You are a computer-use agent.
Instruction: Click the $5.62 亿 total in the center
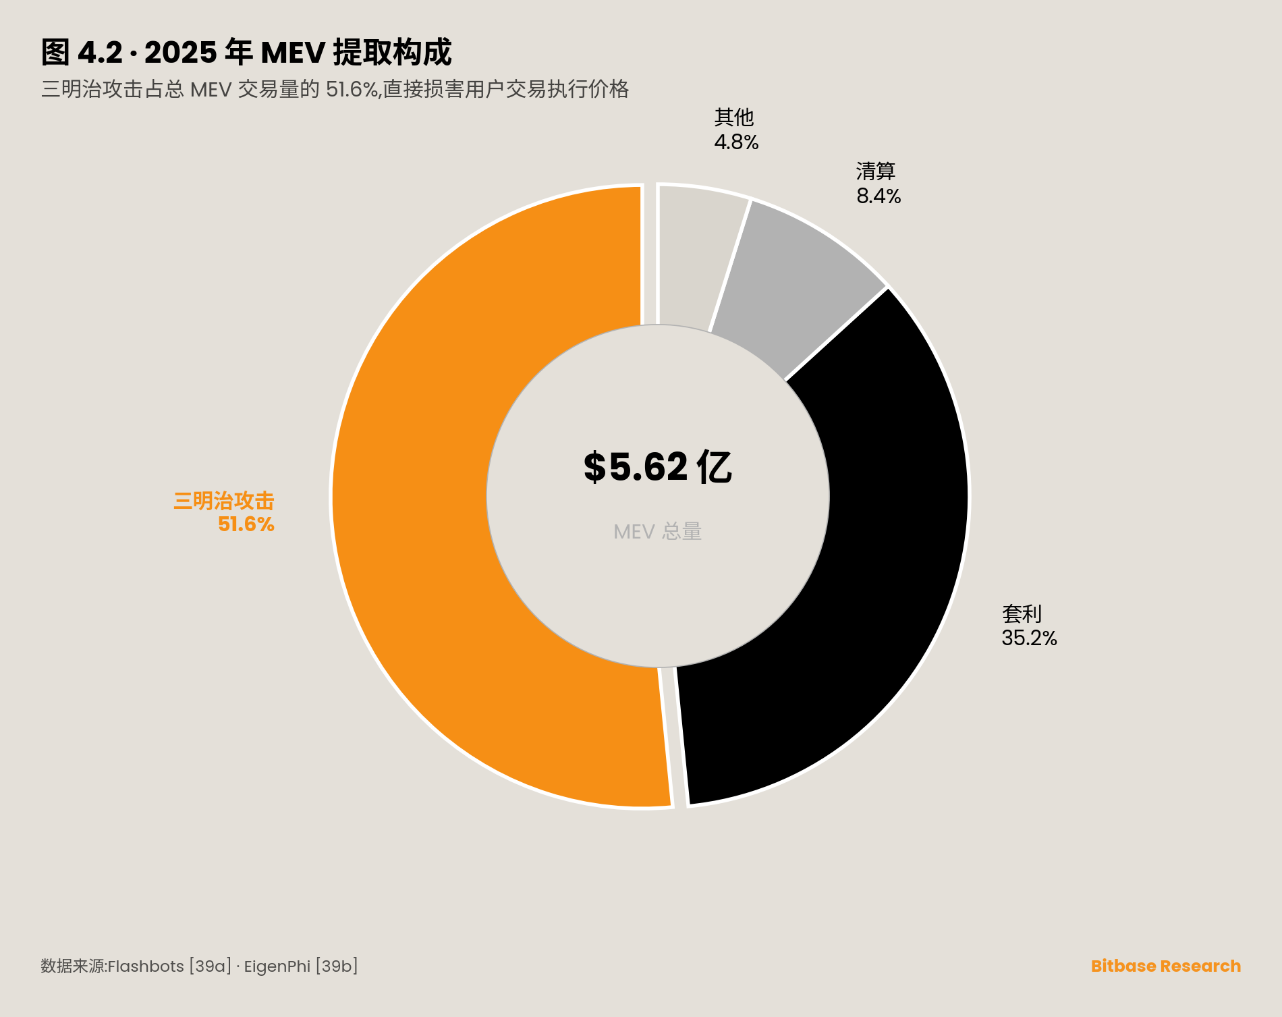pyautogui.click(x=657, y=467)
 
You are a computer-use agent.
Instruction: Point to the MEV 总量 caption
pyautogui.click(x=657, y=532)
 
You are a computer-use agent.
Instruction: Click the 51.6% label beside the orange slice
pyautogui.click(x=246, y=524)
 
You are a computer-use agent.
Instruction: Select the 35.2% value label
pyautogui.click(x=1029, y=638)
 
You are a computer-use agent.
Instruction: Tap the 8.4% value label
pyautogui.click(x=879, y=196)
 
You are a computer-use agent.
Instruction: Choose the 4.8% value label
pyautogui.click(x=736, y=142)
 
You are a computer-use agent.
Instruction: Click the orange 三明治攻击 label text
pyautogui.click(x=224, y=501)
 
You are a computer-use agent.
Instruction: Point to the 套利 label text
pyautogui.click(x=1022, y=614)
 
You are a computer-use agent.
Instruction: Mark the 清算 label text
pyautogui.click(x=876, y=171)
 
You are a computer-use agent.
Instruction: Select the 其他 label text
pyautogui.click(x=734, y=117)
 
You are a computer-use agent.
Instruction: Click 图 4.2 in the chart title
pyautogui.click(x=82, y=53)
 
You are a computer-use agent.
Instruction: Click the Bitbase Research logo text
pyautogui.click(x=1165, y=966)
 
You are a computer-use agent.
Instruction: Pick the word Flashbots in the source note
pyautogui.click(x=146, y=966)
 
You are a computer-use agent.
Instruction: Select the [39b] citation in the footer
pyautogui.click(x=337, y=966)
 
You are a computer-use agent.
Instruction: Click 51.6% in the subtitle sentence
pyautogui.click(x=352, y=89)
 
